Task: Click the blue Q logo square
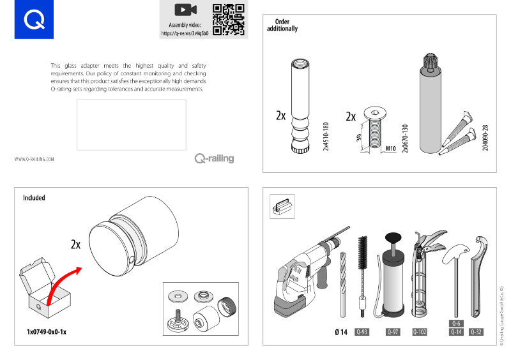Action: pos(34,20)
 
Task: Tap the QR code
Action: pos(229,20)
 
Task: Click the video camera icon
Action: pos(185,10)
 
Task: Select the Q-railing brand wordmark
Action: pos(214,158)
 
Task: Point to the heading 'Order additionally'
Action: pos(282,26)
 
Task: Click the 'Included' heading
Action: pos(34,198)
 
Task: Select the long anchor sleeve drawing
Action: pos(300,105)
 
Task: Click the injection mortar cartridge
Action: pos(432,105)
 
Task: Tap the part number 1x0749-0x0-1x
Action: pos(47,333)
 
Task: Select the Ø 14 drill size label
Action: pos(340,332)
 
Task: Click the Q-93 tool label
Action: pos(362,332)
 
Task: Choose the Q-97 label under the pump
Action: pos(393,332)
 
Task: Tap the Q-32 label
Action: pos(477,332)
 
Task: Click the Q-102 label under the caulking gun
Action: pos(420,332)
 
